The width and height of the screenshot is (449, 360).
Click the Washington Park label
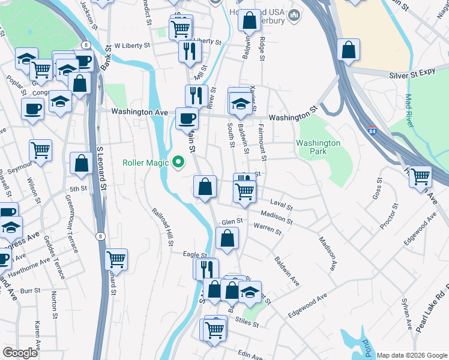coord(318,148)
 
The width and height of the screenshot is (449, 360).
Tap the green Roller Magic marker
coord(178,162)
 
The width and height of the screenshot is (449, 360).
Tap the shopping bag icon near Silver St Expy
coord(349,50)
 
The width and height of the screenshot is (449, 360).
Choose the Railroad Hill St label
coord(163,227)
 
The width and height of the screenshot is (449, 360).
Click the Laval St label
coord(281,205)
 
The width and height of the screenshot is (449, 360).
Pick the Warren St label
coord(267,229)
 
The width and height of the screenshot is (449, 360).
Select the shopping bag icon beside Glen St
coord(227,239)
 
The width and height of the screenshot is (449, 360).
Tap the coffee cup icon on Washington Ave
coord(186,118)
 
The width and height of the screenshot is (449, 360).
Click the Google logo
coord(20,353)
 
